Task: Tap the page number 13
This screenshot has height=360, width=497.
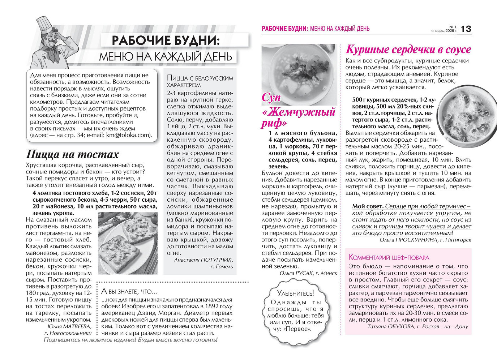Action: [466, 29]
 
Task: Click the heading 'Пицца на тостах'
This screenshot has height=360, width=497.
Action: [72, 154]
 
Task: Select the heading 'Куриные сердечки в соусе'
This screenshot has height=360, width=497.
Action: [408, 49]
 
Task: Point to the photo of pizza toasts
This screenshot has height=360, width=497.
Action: [128, 243]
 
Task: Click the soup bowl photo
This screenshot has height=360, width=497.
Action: [299, 74]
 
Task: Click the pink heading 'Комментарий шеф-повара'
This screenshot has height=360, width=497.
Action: [389, 257]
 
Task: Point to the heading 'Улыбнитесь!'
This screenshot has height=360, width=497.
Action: [295, 293]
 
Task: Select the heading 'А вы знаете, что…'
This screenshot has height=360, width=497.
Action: [129, 291]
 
